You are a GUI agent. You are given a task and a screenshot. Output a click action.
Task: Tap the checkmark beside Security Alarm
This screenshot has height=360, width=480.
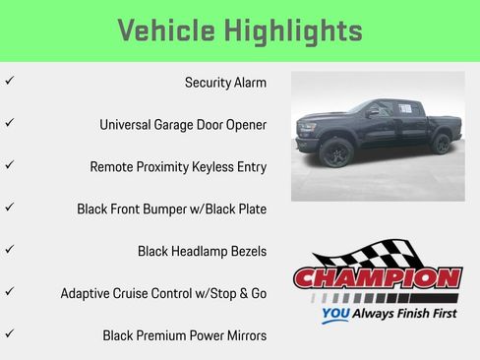tap(9, 82)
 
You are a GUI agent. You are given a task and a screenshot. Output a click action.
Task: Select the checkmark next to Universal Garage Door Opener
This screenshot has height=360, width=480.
tap(9, 124)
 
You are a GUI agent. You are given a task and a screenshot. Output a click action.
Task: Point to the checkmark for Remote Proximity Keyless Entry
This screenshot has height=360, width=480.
tap(9, 165)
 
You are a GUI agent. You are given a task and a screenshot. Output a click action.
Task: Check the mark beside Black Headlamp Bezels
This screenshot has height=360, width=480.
tap(9, 250)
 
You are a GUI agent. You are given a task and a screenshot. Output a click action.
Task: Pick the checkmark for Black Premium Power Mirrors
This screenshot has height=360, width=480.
tap(9, 334)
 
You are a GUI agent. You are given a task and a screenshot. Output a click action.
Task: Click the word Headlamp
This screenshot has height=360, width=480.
tap(203, 252)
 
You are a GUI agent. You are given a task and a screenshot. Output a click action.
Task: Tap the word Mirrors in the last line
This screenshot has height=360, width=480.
tap(243, 335)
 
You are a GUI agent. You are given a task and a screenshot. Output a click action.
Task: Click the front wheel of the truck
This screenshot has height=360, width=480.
tap(337, 153)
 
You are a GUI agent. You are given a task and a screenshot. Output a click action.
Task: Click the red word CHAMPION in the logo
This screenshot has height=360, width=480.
tap(377, 279)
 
